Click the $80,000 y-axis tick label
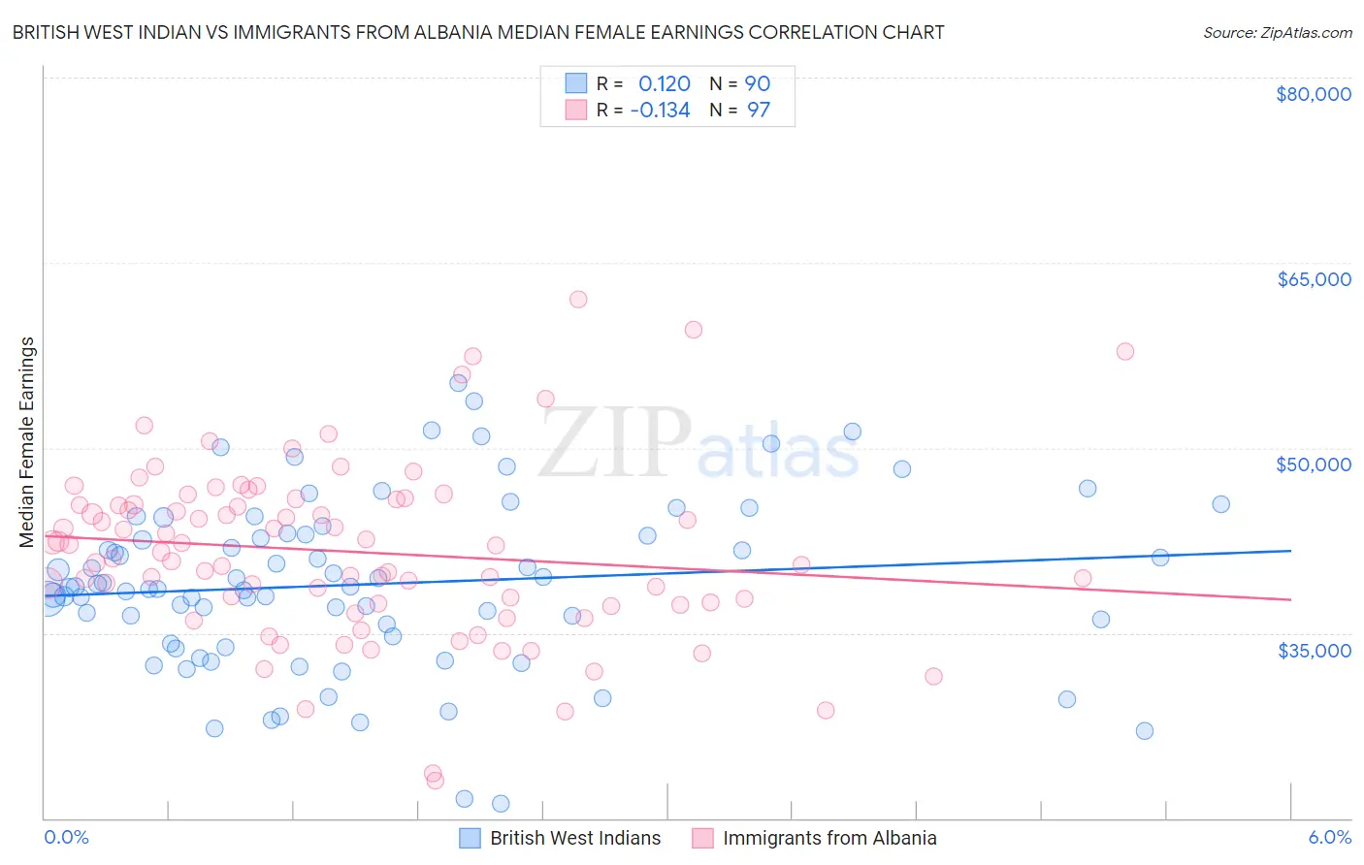tap(1314, 94)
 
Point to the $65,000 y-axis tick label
tap(1314, 279)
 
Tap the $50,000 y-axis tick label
tap(1314, 465)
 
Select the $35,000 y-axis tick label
tap(1314, 650)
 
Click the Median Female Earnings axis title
tap(27, 442)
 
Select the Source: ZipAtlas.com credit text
tap(1277, 33)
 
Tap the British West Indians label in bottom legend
tap(575, 839)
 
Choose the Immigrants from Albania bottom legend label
tap(829, 839)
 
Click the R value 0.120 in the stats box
tap(665, 84)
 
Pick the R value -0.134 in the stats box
tap(660, 111)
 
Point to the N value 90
tap(758, 84)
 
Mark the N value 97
tap(758, 111)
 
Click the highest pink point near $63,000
tap(578, 300)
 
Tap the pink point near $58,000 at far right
tap(1125, 351)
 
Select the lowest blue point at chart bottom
tap(501, 803)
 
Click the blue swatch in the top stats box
tap(576, 84)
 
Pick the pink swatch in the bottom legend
tap(702, 839)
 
